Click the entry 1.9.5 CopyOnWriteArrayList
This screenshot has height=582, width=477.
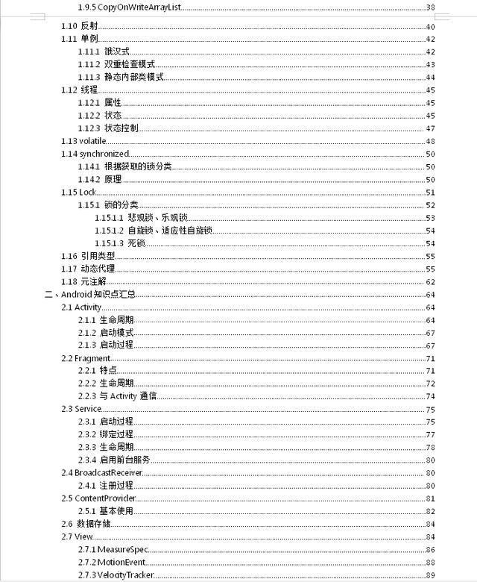130,7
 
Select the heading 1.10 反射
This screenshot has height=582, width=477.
79,27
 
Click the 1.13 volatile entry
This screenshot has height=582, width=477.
84,141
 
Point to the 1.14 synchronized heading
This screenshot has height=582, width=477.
95,154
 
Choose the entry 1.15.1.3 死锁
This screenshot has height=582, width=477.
119,243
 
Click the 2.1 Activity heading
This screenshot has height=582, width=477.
81,307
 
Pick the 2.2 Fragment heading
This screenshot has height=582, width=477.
86,358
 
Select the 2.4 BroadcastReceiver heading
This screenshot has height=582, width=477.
102,472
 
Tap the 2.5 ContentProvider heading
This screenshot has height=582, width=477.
97,498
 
